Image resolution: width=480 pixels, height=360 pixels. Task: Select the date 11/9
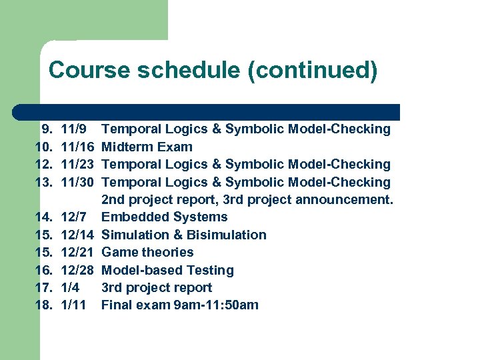pos(73,129)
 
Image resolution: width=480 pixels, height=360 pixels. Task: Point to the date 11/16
pos(77,147)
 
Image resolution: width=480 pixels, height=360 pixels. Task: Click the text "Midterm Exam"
pos(147,147)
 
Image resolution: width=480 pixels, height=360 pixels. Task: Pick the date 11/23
pos(77,164)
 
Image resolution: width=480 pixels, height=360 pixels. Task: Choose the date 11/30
pos(77,182)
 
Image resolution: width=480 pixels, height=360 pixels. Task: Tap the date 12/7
pos(73,217)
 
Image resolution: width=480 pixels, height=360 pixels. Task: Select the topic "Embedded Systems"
pos(164,217)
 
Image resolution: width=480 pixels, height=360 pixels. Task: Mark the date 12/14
pos(77,235)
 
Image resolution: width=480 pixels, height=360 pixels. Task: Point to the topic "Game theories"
pos(147,252)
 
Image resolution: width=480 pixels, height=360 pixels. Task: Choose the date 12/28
pos(77,270)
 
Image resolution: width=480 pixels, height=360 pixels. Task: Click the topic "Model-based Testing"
pos(167,270)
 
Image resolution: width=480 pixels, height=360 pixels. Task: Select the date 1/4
pos(69,287)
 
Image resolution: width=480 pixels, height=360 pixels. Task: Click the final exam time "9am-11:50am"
pos(215,305)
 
